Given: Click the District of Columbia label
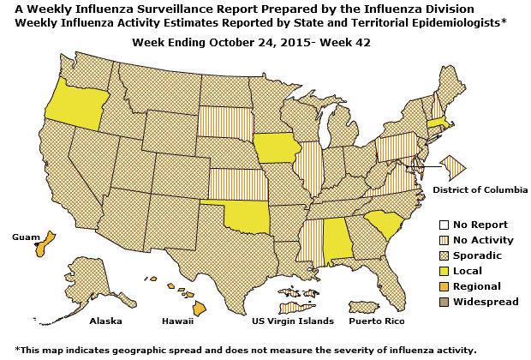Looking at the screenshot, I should pos(480,189).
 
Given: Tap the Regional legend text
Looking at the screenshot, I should pos(478,286).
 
